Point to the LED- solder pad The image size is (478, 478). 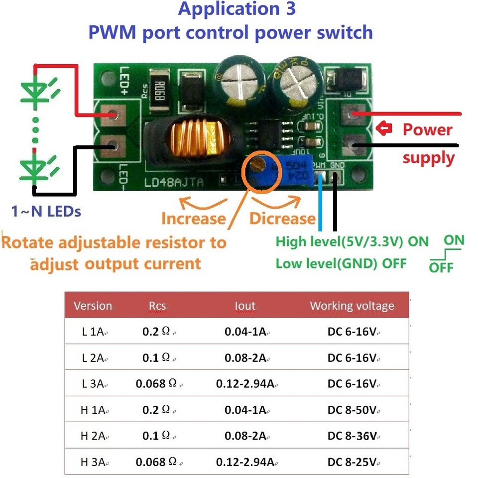pos(114,146)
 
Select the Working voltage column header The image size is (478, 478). pos(352,306)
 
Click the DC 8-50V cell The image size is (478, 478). pos(352,410)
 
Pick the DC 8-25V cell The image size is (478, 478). pos(352,462)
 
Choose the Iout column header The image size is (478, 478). pos(245,306)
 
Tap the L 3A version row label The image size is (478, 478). pos(93,384)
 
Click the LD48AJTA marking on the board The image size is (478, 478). pos(174,182)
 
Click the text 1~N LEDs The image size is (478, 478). pos(46,211)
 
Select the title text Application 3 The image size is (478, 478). pos(237,9)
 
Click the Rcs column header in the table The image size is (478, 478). pos(157,306)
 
